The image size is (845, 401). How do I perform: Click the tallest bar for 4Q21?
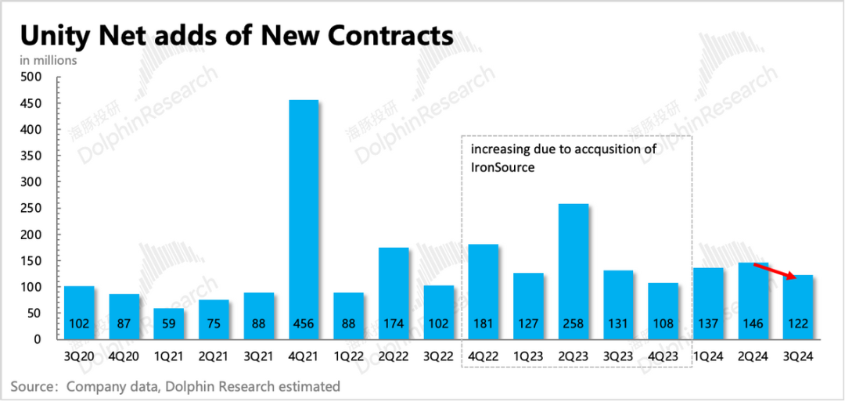(x=304, y=219)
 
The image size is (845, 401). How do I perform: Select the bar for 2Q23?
(x=574, y=270)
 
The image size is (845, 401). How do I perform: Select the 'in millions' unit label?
(x=49, y=60)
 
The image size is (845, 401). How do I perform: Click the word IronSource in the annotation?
(x=502, y=167)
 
